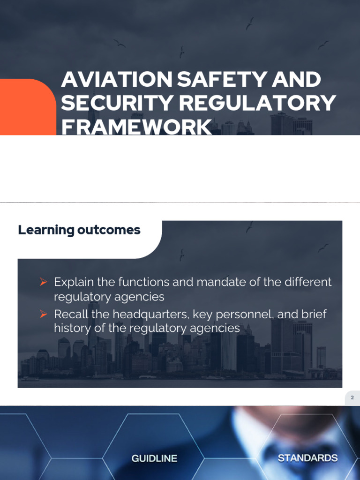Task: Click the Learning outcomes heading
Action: (x=79, y=230)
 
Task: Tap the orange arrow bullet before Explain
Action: (x=44, y=282)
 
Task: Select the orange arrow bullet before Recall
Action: (x=44, y=314)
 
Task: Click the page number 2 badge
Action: (x=352, y=398)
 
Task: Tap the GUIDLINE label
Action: (x=154, y=458)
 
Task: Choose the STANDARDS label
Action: (x=307, y=458)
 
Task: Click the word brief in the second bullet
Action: (x=315, y=314)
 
